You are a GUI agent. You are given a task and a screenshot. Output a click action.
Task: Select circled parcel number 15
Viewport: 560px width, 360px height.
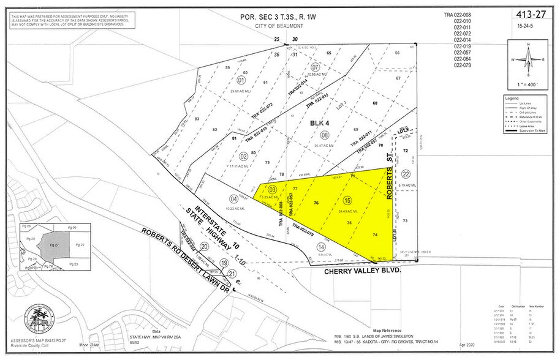click(x=347, y=201)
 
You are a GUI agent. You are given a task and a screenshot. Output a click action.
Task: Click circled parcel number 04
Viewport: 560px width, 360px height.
click(x=233, y=198)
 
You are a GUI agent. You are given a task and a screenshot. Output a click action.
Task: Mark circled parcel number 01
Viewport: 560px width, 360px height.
click(x=241, y=80)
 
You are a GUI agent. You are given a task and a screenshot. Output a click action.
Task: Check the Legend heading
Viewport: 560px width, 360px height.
click(x=512, y=98)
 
